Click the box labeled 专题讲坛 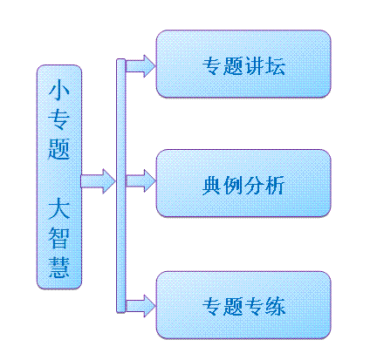tap(243, 64)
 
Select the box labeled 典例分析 tap(243, 183)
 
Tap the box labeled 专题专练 tap(243, 305)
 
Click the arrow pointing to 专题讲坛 tap(140, 66)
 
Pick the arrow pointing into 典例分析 tap(140, 180)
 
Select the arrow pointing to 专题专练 tap(140, 306)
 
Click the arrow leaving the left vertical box tap(98, 181)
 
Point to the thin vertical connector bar tap(120, 186)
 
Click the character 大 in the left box tap(59, 208)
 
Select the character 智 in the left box tap(59, 238)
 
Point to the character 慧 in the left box tap(59, 268)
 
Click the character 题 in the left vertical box tap(59, 149)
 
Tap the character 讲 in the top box tap(254, 66)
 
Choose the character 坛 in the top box tap(275, 66)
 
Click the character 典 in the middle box tap(212, 186)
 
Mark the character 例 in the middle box tap(233, 186)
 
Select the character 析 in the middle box tap(275, 186)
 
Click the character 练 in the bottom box tap(275, 306)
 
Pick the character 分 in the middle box tap(254, 186)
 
